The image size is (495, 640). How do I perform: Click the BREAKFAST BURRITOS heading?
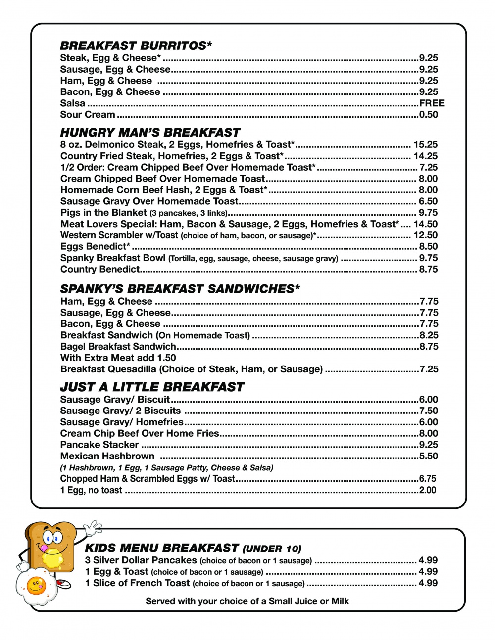pos(136,46)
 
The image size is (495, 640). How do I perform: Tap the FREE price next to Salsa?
pos(432,103)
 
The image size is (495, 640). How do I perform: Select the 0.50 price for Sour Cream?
pos(429,115)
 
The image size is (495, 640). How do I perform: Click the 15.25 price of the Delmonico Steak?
pos(426,145)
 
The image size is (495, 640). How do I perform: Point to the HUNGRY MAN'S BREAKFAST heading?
pos(150,133)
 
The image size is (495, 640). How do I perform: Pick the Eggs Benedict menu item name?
pos(95,247)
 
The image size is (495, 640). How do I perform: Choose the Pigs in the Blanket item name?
pos(103,213)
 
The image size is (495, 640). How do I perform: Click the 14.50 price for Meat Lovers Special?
pos(426,224)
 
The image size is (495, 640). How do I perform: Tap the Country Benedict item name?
pos(100,270)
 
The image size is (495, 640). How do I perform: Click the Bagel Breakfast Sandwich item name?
pos(118,347)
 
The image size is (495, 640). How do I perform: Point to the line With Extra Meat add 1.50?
pos(118,358)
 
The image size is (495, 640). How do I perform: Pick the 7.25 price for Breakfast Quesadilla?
pos(429,369)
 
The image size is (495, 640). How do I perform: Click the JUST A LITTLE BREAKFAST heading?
pos(152,387)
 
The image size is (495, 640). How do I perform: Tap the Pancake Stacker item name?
pos(99,445)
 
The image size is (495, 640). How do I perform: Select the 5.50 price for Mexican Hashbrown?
pos(429,456)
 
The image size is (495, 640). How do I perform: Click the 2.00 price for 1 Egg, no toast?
pos(428,490)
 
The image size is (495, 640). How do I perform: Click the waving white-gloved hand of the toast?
pos(92,527)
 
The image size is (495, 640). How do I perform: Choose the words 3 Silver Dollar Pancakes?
pos(141,560)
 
